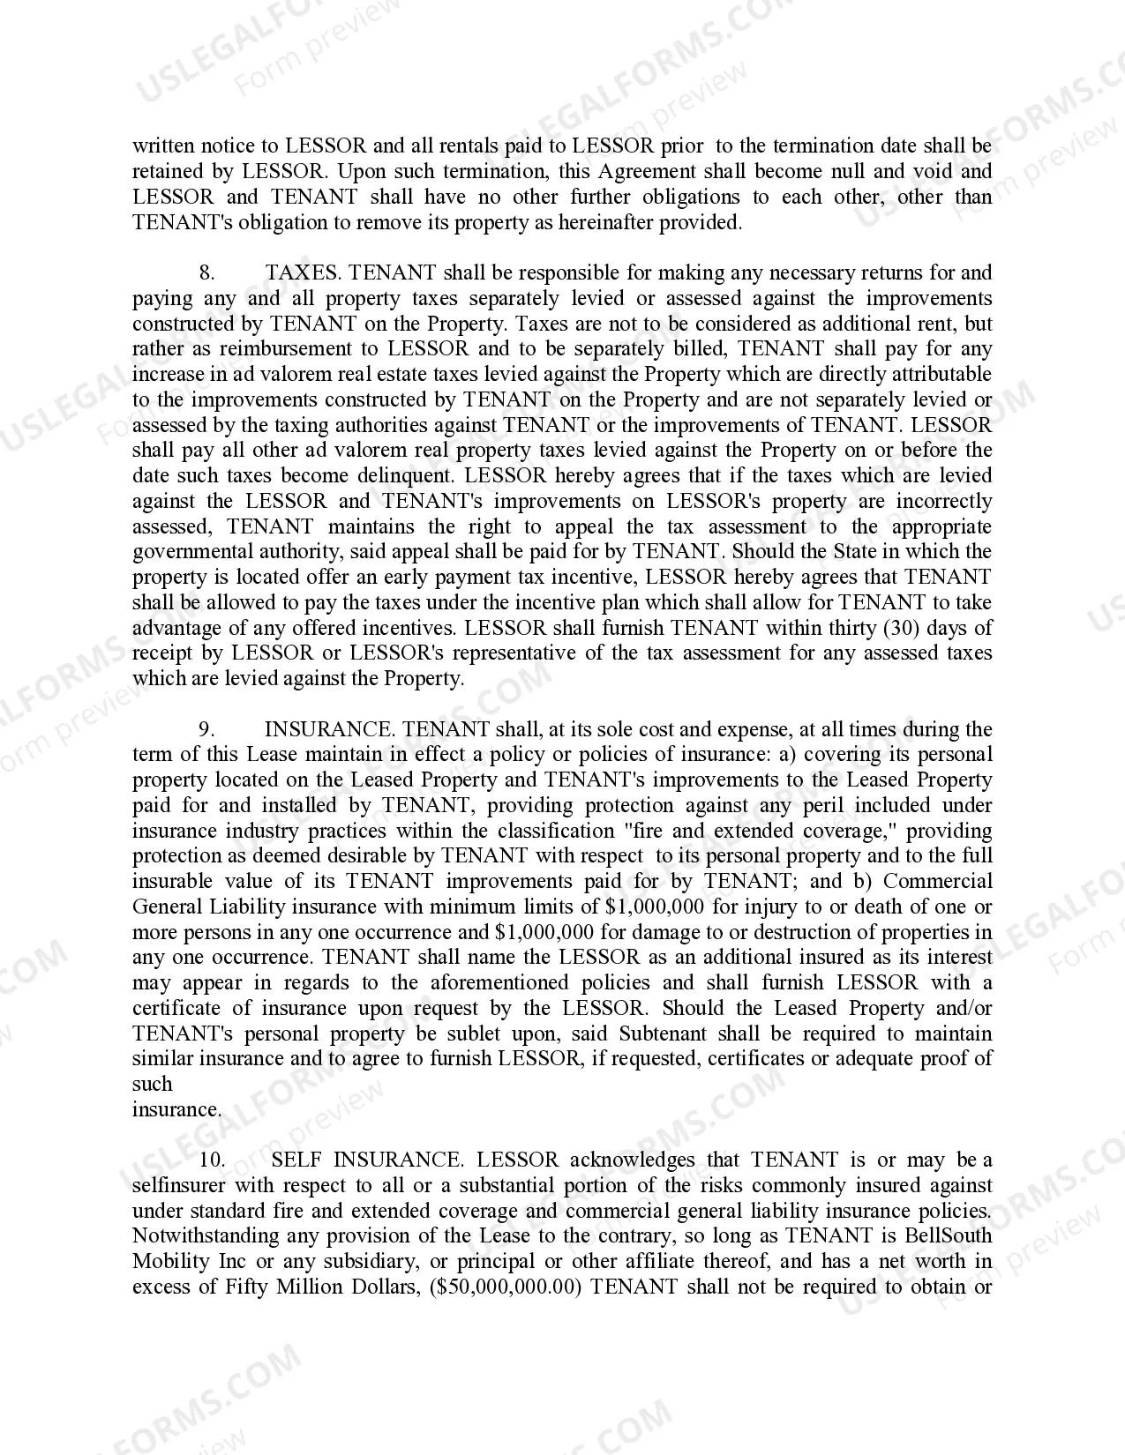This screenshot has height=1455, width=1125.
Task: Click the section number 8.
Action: (206, 273)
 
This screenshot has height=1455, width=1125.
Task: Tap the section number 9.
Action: (206, 729)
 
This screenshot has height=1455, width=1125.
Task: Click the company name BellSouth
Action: (949, 1236)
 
